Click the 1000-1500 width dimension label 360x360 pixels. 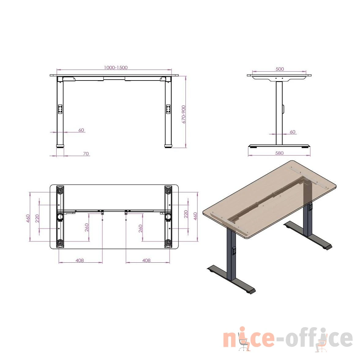(116, 67)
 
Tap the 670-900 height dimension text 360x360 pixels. (184, 114)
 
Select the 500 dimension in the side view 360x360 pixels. (280, 69)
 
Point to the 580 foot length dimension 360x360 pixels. (279, 153)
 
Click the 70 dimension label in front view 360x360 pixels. (86, 154)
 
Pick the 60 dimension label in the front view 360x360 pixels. (81, 130)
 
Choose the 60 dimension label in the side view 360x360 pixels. (293, 132)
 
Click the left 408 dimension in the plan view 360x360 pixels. (80, 260)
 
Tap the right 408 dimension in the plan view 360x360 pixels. (146, 260)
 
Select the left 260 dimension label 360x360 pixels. (87, 227)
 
